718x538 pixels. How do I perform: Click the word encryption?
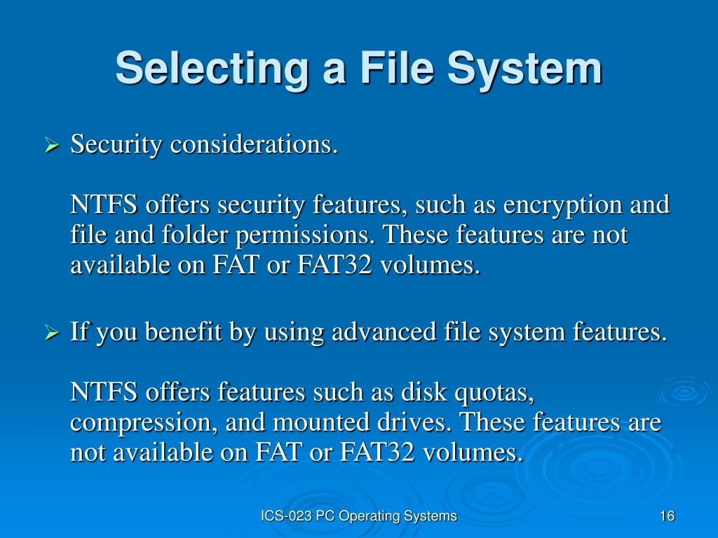pos(558,206)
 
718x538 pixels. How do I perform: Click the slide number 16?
pos(667,516)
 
